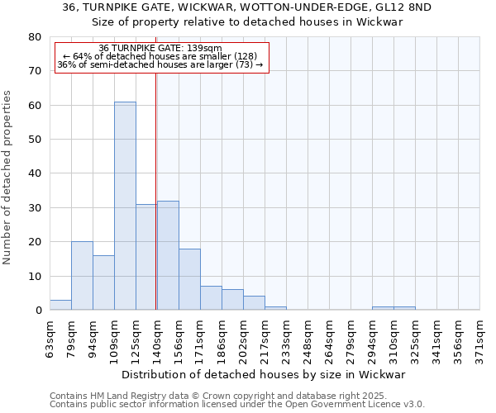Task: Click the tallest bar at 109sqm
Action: click(125, 206)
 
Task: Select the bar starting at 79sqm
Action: click(82, 276)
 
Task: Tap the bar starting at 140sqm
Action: click(168, 255)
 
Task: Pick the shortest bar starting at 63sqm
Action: click(60, 305)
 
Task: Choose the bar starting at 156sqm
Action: click(189, 279)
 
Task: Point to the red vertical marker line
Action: click(156, 190)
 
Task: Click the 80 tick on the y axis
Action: click(35, 37)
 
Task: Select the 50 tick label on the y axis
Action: click(35, 140)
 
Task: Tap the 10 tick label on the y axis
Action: click(35, 276)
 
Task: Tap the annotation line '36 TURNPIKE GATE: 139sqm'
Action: click(160, 49)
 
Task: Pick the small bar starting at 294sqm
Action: click(383, 308)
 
